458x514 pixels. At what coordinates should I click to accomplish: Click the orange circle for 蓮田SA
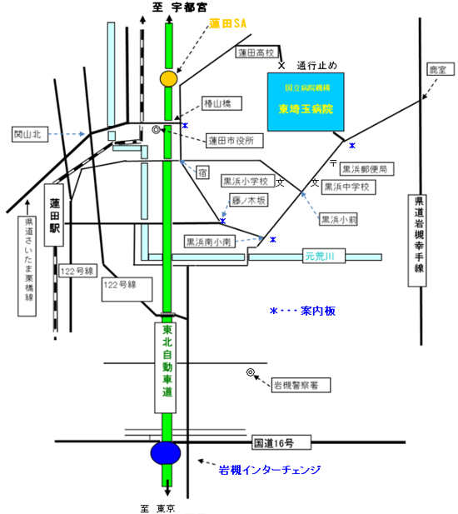(169, 78)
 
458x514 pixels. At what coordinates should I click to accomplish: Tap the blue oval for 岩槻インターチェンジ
(166, 453)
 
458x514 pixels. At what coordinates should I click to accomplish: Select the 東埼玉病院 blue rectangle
(306, 102)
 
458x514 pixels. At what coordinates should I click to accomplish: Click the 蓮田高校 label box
(257, 52)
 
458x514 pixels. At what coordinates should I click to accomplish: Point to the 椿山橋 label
(222, 103)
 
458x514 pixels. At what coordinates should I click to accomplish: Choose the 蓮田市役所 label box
(235, 141)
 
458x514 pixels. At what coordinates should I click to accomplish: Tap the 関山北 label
(30, 134)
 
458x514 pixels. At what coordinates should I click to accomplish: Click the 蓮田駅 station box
(54, 215)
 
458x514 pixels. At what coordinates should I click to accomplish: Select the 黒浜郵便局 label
(366, 169)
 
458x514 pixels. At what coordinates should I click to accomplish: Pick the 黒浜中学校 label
(349, 187)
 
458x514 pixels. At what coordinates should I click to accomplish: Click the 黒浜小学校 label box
(247, 181)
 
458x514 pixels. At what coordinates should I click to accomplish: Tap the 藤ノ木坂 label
(249, 200)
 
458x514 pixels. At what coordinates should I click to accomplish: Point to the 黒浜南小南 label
(210, 242)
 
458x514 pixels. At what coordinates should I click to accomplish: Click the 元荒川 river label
(324, 256)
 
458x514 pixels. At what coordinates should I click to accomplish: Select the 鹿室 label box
(441, 69)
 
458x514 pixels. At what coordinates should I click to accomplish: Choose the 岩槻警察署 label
(301, 385)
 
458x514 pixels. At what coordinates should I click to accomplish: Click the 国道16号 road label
(281, 443)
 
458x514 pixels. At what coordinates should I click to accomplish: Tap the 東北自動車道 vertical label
(166, 367)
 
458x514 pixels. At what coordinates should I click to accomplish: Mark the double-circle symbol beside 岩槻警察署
(251, 372)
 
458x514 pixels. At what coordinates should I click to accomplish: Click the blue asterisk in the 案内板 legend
(274, 311)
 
